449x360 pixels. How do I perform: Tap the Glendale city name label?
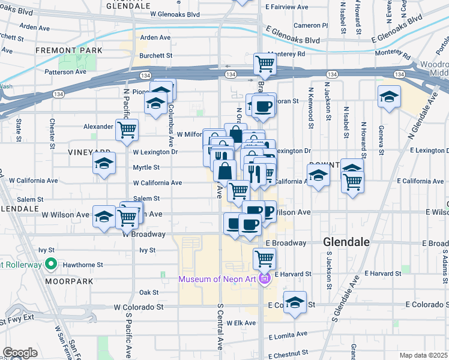(x=346, y=242)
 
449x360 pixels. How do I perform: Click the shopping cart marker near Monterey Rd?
(x=264, y=63)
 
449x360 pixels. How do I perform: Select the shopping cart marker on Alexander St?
(x=127, y=130)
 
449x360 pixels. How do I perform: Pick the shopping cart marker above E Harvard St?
(x=264, y=259)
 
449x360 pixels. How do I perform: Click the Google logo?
(x=20, y=353)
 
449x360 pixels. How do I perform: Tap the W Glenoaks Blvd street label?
(x=175, y=14)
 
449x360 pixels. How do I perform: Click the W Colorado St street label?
(x=139, y=307)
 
